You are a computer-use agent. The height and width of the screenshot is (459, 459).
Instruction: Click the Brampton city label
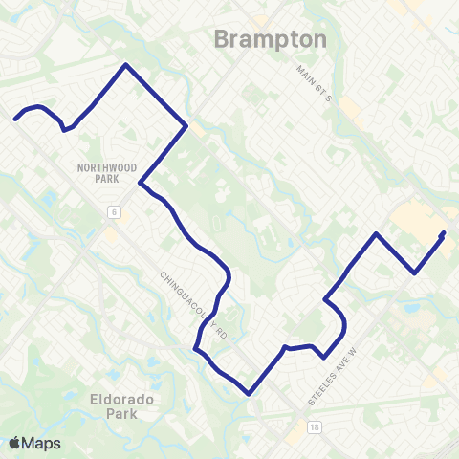coord(270,40)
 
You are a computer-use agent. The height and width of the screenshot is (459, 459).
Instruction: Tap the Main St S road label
coord(313,82)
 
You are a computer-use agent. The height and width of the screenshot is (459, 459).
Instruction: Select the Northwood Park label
coord(102,172)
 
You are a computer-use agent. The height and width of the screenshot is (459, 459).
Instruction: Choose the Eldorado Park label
coord(122,406)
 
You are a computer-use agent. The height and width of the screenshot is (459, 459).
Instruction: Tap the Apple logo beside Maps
coord(15,443)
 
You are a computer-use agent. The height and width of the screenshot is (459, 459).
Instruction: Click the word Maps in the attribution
coord(43,443)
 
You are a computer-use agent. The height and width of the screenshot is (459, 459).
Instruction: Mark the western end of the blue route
coord(15,120)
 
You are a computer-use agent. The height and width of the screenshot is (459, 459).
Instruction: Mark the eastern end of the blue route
coord(443,232)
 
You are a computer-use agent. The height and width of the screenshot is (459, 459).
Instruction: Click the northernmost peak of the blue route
coord(124,65)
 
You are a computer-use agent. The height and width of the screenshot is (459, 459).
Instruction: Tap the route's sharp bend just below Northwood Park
coord(141,184)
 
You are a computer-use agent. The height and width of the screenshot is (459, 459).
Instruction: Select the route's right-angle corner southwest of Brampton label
coord(186,125)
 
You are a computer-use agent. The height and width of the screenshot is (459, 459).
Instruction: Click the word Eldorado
coord(122,399)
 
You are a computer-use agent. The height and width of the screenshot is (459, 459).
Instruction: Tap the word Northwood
coord(102,166)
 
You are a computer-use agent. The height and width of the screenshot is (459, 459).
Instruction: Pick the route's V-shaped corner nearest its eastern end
coord(414,273)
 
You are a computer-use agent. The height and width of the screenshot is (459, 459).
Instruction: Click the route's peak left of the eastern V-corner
coord(378,233)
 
